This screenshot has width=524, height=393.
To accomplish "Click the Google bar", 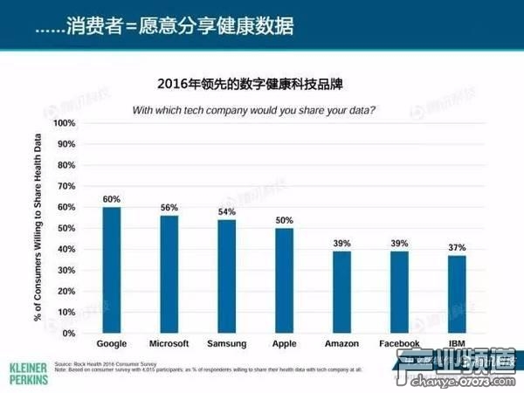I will click(x=112, y=270).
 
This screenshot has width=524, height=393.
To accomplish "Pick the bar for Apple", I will click(x=283, y=280).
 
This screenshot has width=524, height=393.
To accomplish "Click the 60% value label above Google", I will click(x=112, y=199).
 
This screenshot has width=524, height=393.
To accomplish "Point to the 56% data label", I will click(x=169, y=208).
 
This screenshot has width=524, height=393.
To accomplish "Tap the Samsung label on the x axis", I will click(x=226, y=344).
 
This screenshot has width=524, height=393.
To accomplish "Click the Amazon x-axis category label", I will click(x=341, y=344).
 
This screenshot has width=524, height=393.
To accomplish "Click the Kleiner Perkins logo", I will click(x=27, y=368).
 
